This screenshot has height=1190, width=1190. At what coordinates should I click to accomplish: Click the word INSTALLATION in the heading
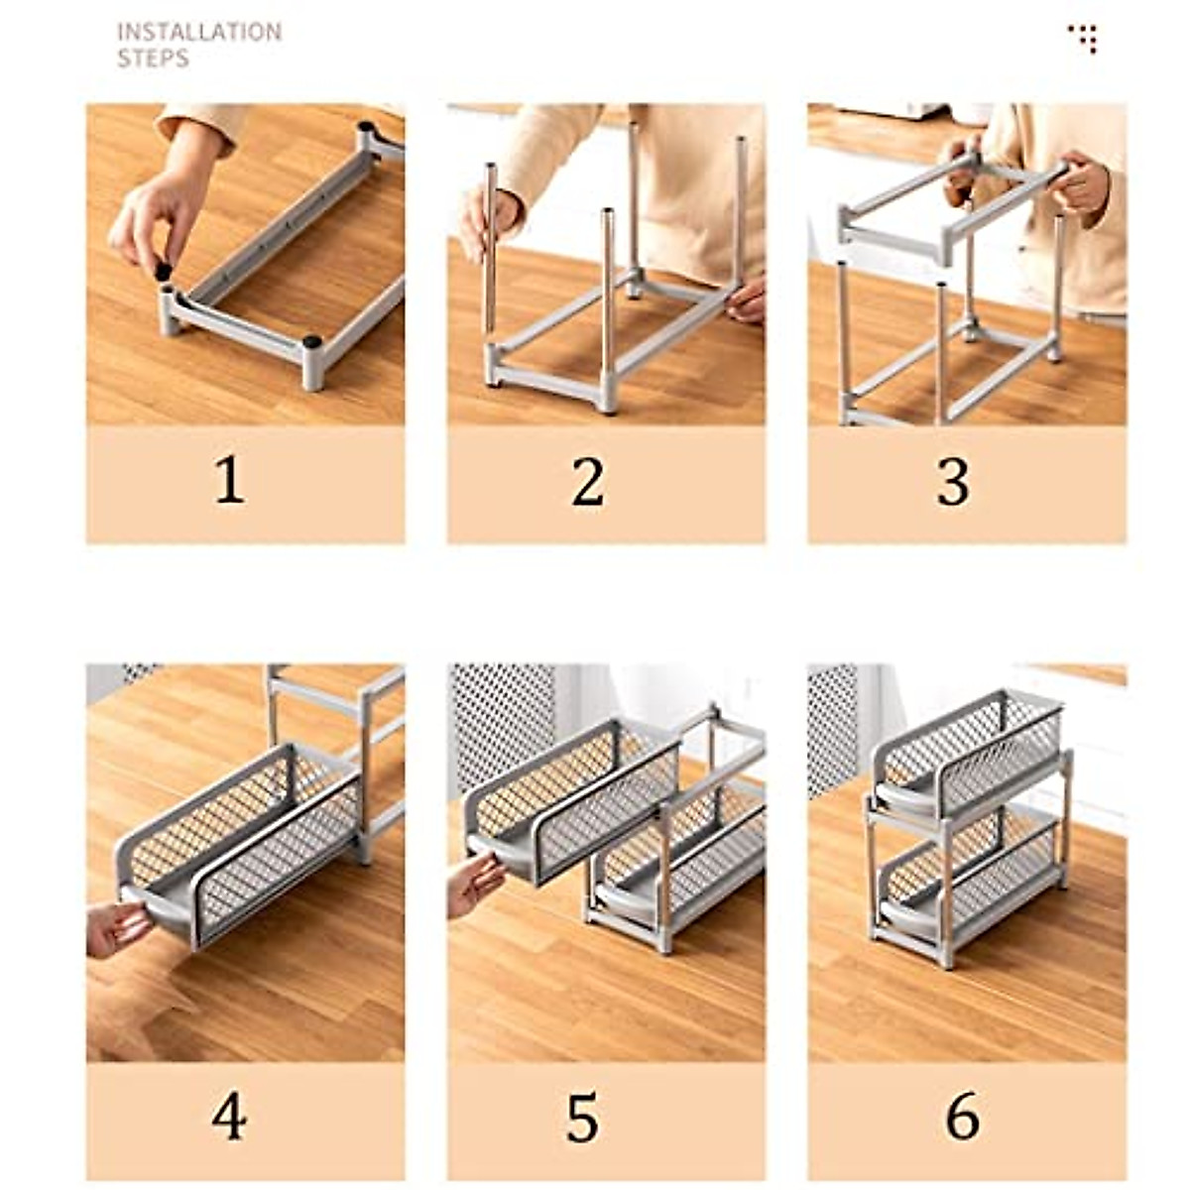pos(199,32)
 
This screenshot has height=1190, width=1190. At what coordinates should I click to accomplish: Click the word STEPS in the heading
pos(153,59)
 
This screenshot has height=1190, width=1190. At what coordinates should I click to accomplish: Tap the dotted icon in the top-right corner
pos(1083,38)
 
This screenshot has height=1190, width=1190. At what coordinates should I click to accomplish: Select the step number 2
pos(588,482)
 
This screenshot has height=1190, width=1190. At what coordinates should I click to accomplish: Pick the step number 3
pos(953,482)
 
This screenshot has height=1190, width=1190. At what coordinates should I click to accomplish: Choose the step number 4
pos(229,1117)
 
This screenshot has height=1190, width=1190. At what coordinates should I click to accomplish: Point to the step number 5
pos(583,1118)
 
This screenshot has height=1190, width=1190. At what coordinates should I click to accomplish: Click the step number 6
pos(961,1117)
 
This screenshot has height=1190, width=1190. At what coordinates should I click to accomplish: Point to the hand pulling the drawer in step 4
pos(116,927)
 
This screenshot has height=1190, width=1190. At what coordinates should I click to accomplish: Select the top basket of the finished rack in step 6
pos(967,754)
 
